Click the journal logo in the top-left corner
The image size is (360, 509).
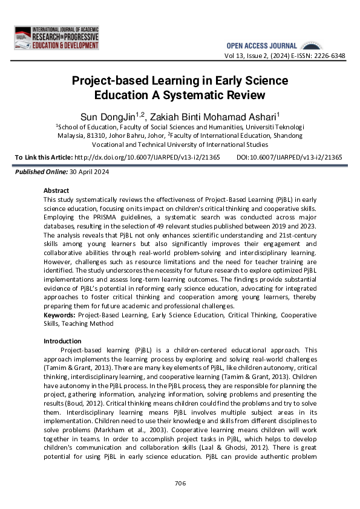[x=56, y=37]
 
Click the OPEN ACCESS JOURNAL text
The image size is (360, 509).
[x=261, y=46]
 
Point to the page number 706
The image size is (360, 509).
[x=180, y=483]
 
